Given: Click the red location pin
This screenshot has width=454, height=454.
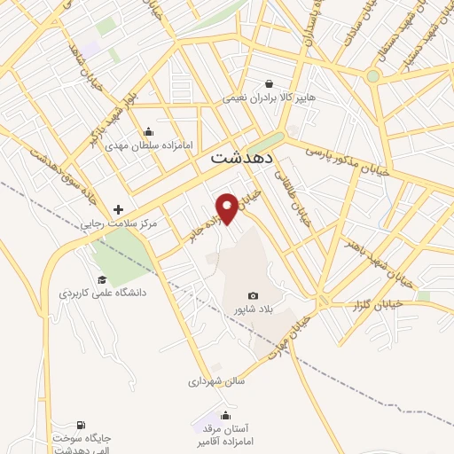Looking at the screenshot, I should [228, 207].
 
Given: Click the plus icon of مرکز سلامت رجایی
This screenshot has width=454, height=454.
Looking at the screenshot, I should [118, 209].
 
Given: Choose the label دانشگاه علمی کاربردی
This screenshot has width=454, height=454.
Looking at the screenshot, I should [103, 293].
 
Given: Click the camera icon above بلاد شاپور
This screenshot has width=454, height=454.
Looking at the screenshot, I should [254, 295].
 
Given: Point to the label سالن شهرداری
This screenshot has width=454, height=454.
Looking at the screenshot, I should [215, 382].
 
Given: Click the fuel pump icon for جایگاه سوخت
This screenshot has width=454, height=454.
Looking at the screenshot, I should [82, 427].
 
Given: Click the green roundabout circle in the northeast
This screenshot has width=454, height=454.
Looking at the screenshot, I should [373, 76].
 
